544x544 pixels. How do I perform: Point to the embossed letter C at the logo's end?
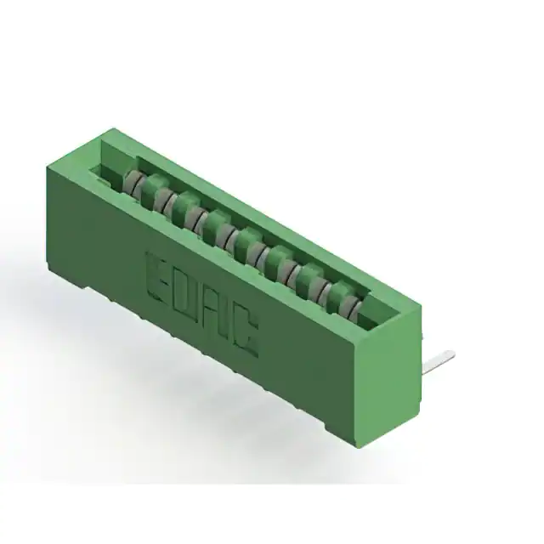[246, 334]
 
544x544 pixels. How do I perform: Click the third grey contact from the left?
[194, 218]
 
